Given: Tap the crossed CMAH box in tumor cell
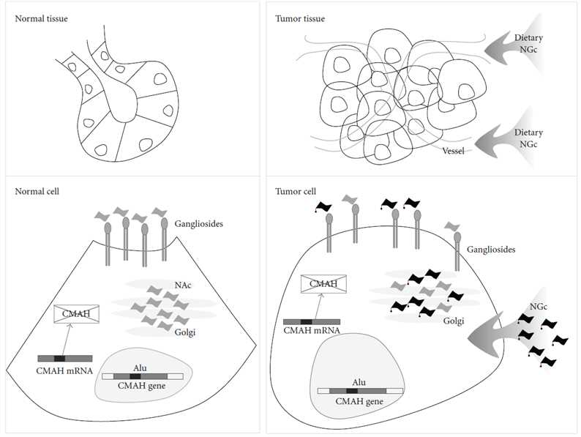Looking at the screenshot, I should click(x=323, y=283).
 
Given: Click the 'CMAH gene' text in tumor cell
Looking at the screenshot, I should click(x=360, y=401).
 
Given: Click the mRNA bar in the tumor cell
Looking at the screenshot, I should click(x=311, y=321).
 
